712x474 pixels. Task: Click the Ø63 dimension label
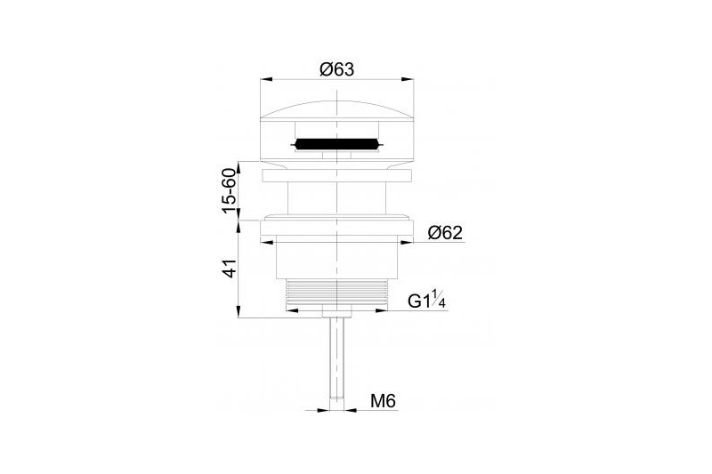(x=336, y=69)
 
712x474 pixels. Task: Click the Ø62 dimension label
(x=445, y=233)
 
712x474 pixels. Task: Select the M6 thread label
(x=384, y=401)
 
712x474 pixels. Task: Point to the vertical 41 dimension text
(x=230, y=269)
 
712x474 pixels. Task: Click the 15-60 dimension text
(x=230, y=190)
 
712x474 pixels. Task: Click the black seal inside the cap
(x=336, y=145)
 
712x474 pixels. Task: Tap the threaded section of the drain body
(x=336, y=295)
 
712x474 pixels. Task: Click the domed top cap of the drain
(x=336, y=110)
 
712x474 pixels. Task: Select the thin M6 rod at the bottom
(x=336, y=363)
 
